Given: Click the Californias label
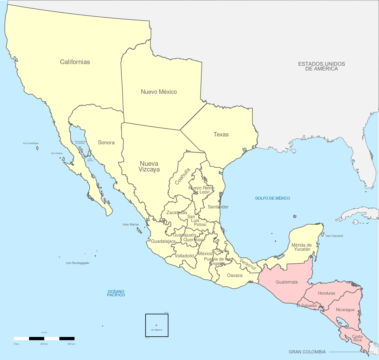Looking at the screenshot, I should [x=75, y=62].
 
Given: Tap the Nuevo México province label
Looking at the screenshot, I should [x=159, y=92].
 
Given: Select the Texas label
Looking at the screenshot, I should [x=221, y=135].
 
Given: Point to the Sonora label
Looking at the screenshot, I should [x=106, y=142].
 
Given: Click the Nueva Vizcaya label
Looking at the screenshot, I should [x=149, y=166].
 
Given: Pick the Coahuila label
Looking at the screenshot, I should [x=183, y=176].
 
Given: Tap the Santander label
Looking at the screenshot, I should [x=218, y=207].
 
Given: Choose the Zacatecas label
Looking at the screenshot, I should [x=177, y=213].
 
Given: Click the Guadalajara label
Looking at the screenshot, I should [x=163, y=241].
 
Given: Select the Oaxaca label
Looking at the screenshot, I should [x=235, y=275].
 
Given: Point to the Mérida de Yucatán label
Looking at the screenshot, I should [x=301, y=247].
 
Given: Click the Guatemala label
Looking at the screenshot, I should [x=286, y=282].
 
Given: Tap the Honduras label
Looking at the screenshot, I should [x=326, y=293].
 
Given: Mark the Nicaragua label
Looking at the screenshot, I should [x=345, y=310].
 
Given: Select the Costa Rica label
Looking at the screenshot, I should [x=357, y=338].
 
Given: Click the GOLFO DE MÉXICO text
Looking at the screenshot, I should [x=272, y=198].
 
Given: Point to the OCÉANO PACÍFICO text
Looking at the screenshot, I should [x=116, y=293].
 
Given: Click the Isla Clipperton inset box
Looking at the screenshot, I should [x=157, y=325].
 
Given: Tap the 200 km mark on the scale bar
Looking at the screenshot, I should [x=44, y=344].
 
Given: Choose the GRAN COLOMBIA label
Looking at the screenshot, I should [x=307, y=352].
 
